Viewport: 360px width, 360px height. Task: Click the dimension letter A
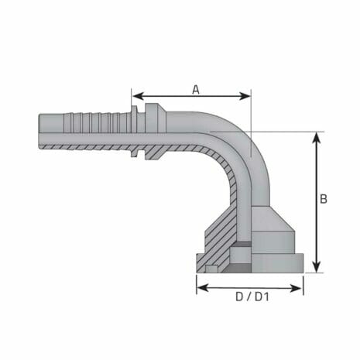196,88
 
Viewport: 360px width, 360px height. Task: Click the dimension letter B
323,199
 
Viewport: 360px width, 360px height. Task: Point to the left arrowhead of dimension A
136,97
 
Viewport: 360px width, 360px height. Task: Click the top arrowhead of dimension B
316,136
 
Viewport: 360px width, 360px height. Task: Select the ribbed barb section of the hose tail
97,122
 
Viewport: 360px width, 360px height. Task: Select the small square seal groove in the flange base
211,268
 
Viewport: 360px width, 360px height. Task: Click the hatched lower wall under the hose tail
93,146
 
